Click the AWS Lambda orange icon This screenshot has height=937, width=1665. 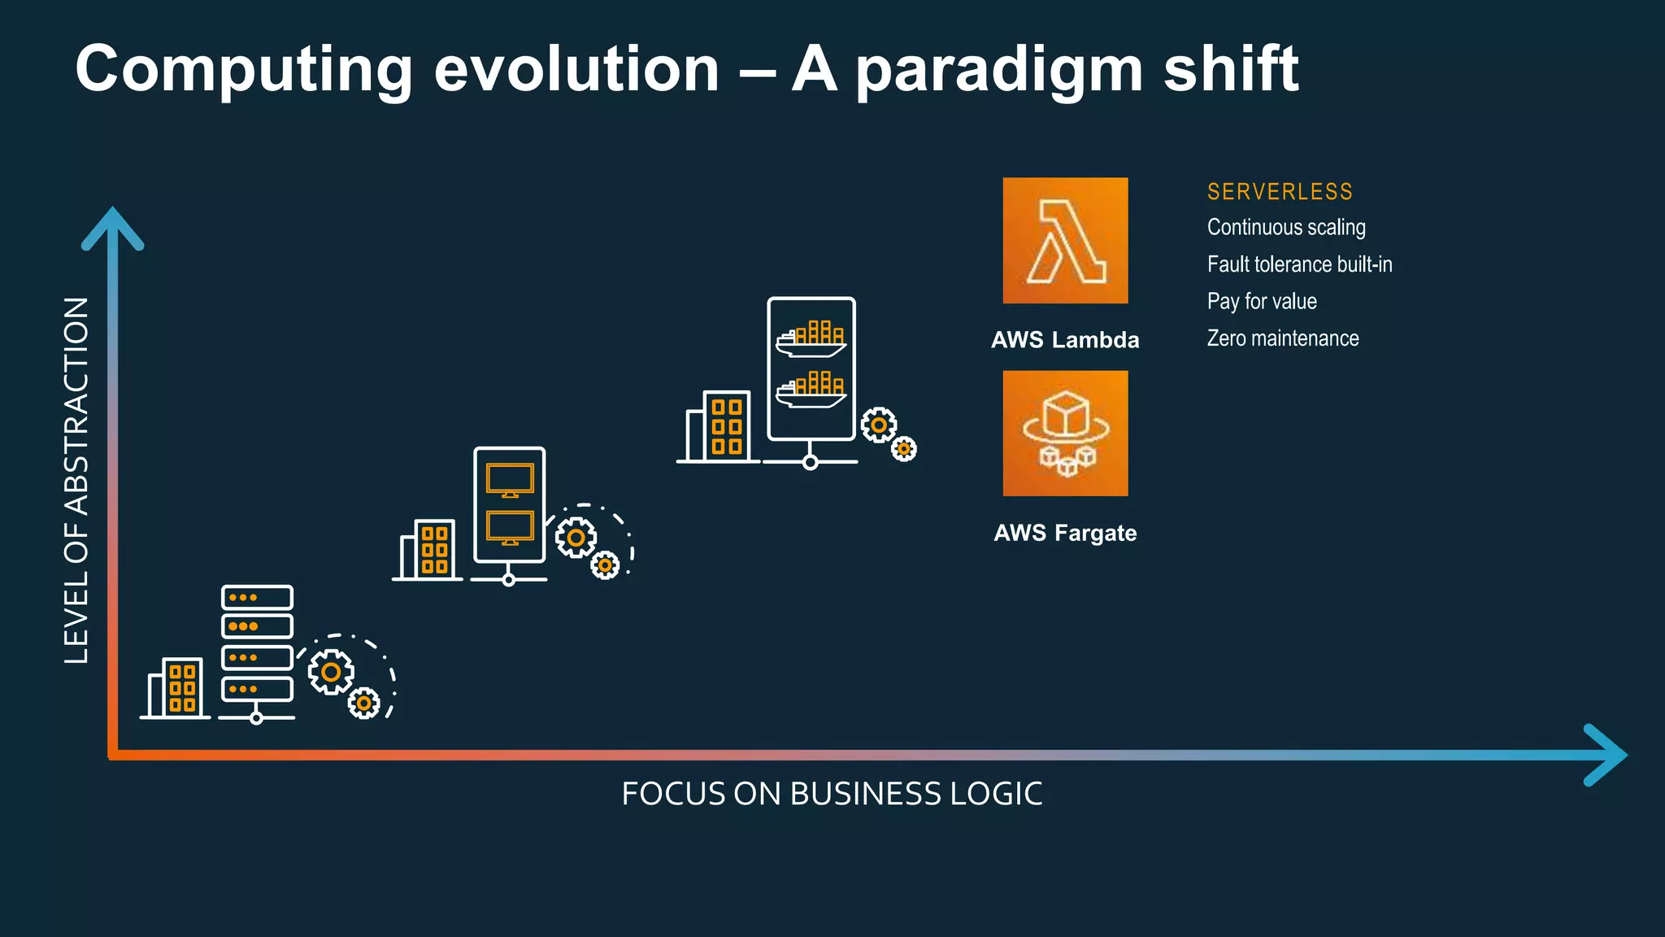(x=1065, y=241)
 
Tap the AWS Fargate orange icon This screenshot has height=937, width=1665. (x=1065, y=434)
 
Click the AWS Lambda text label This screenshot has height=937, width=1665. (x=1065, y=340)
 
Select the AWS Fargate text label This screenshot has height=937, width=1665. (x=1065, y=534)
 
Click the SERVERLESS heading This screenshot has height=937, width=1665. (x=1280, y=192)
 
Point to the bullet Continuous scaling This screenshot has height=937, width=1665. (x=1286, y=228)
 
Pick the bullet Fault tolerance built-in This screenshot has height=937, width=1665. (x=1299, y=264)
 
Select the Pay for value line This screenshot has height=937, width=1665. (x=1262, y=302)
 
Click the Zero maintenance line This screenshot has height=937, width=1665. (x=1283, y=338)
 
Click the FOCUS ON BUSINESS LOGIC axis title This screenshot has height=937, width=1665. (x=832, y=794)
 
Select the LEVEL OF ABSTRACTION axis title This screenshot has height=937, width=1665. (x=76, y=480)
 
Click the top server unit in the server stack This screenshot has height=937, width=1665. (x=257, y=598)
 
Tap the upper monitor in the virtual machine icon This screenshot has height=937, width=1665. (x=510, y=479)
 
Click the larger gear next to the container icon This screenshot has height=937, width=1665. (x=879, y=425)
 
